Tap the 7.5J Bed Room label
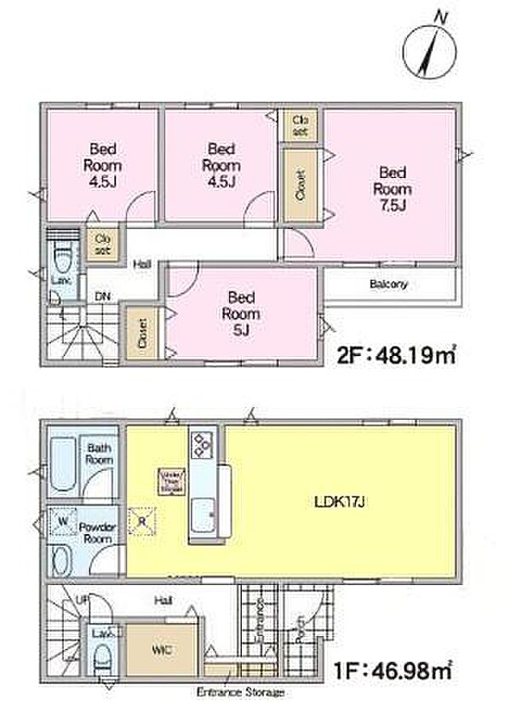coord(393,187)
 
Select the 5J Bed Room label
coord(242,313)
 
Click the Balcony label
coord(388,284)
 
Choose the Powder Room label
coord(95,532)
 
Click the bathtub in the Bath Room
coord(63,464)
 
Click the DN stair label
coord(102,296)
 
